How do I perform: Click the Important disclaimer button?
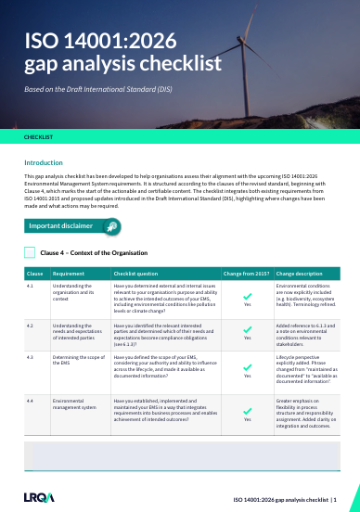point(72,225)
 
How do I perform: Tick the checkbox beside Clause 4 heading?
point(31,252)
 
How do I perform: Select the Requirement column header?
point(69,275)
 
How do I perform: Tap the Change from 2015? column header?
point(246,275)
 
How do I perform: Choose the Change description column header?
point(300,275)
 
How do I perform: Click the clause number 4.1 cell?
point(31,288)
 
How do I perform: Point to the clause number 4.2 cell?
point(31,326)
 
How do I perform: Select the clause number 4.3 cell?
point(31,356)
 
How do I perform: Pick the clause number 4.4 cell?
point(31,400)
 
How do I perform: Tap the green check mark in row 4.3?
point(247,365)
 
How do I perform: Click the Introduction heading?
point(44,162)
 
